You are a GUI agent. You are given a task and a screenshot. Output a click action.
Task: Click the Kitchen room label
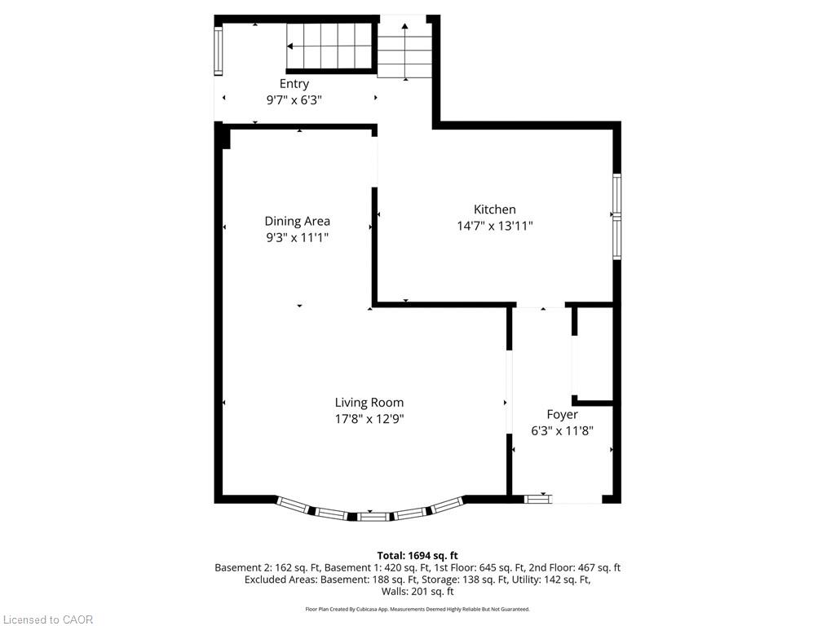coord(495,209)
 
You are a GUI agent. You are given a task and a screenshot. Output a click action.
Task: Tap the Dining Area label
coord(297,222)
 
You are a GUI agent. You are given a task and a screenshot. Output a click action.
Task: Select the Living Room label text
coord(369,403)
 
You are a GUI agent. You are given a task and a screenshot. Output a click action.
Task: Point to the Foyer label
coord(562,415)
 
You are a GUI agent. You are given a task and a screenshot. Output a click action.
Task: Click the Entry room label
coord(294,84)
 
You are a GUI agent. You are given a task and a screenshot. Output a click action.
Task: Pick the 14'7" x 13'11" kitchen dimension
coord(495,226)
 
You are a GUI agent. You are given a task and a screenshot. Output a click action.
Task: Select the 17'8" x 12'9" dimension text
coord(369,419)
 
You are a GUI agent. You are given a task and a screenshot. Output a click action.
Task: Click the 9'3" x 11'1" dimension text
coord(297,237)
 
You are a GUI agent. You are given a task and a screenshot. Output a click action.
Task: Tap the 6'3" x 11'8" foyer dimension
coord(562,430)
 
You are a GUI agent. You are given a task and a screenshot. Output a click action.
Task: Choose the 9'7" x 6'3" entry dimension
coord(294,100)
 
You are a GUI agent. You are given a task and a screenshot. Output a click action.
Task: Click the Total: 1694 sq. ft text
coord(417,556)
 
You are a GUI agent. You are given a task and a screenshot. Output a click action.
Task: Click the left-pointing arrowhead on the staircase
coord(290,46)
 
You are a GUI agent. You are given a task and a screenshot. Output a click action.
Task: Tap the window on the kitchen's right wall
coord(616,217)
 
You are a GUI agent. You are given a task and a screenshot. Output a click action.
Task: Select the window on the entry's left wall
coord(218,51)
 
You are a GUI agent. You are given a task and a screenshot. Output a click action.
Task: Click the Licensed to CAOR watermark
coord(48,619)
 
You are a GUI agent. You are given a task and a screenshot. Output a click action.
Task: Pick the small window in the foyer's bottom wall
coord(538,499)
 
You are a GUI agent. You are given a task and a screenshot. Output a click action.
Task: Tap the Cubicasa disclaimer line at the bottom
coord(417,609)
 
